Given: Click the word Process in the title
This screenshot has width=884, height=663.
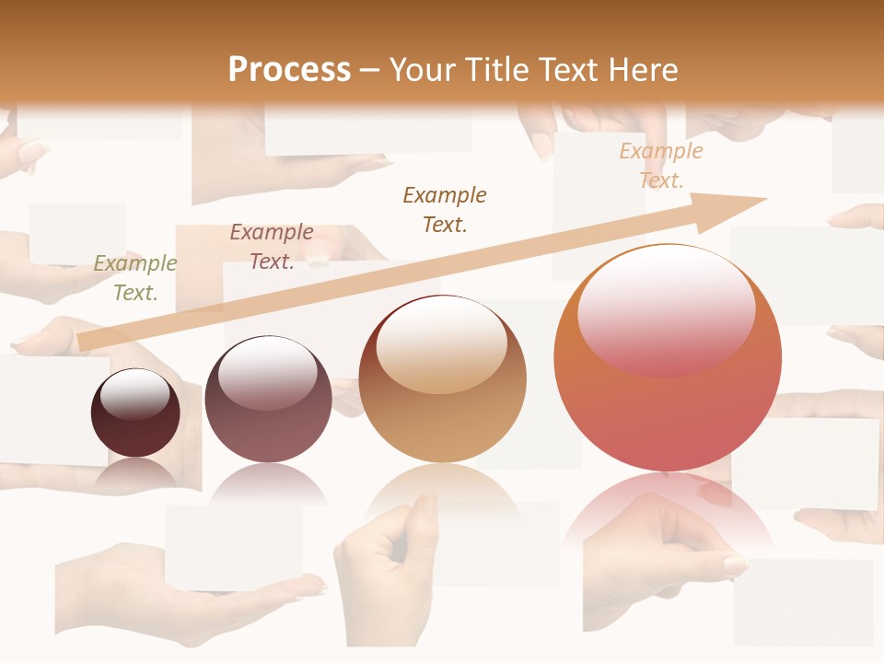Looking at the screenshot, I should click(289, 70).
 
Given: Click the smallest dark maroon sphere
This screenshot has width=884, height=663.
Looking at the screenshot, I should click(135, 413).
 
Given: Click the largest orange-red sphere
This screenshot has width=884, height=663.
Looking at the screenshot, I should click(668, 357).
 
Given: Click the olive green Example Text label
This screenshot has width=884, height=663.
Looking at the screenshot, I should click(135, 278).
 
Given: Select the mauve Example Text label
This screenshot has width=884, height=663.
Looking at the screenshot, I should click(272, 247).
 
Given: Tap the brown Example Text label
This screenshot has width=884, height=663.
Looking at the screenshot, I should click(445, 210).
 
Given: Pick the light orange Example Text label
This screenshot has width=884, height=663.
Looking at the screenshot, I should click(661, 166).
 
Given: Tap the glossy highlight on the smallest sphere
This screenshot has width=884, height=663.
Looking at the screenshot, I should click(135, 395).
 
